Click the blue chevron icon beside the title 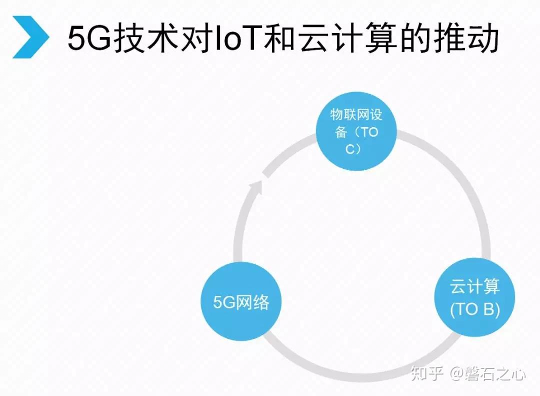pos(31,37)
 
